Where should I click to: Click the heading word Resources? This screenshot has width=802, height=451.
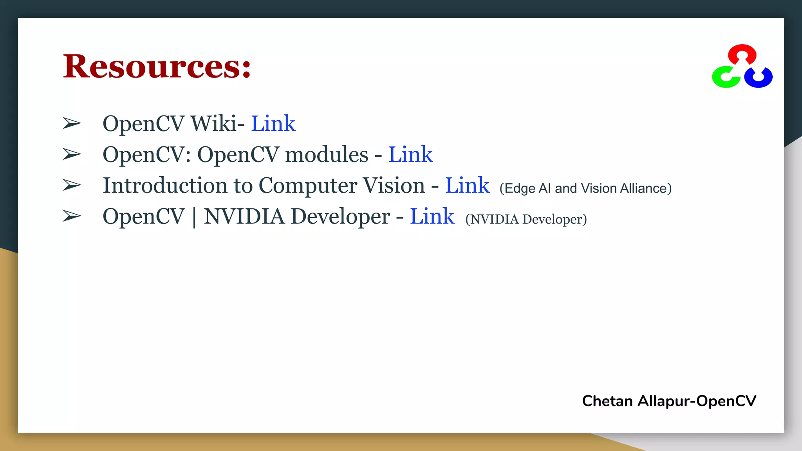(157, 67)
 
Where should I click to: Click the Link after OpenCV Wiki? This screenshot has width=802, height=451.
(273, 124)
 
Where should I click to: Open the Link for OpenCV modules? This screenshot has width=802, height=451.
(410, 155)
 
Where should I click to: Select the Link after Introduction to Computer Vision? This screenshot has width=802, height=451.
(467, 186)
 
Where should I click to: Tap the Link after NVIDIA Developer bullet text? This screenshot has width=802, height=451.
(432, 216)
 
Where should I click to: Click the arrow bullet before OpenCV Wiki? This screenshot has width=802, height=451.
(72, 124)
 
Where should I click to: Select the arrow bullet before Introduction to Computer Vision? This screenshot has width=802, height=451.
(72, 185)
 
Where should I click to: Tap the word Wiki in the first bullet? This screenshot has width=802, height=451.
(214, 124)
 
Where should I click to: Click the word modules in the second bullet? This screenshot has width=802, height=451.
(327, 155)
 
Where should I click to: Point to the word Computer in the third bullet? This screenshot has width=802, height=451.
(341, 186)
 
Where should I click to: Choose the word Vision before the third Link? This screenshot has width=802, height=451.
(394, 186)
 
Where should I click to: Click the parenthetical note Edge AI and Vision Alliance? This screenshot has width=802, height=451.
(585, 188)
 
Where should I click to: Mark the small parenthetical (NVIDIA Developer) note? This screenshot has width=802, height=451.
(526, 219)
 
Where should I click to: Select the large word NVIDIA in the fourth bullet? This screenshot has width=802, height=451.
(244, 216)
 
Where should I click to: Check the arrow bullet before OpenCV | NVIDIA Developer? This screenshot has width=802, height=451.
(72, 216)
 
